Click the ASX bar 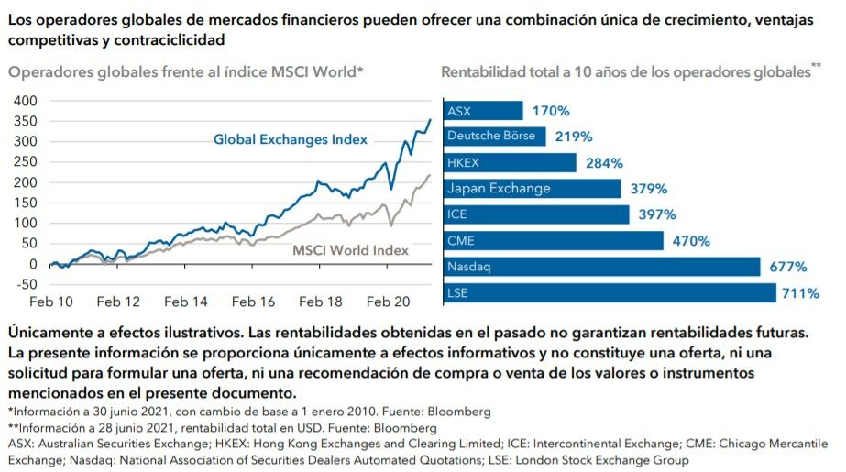483,111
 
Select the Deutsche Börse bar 495,137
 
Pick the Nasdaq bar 601,268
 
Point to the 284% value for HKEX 604,163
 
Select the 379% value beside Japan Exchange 648,189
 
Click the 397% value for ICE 656,214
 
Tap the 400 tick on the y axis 25,100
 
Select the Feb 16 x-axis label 254,302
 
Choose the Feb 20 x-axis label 390,302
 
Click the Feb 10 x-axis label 50,302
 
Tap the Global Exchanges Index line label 290,139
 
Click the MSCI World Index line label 350,249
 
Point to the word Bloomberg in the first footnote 458,411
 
